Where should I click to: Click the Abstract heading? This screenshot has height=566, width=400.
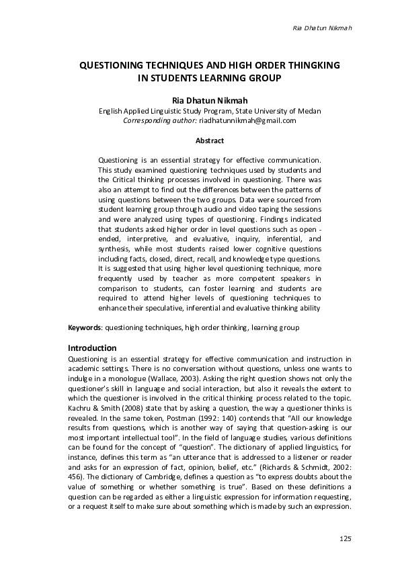209,140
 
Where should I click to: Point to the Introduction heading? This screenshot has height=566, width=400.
93,348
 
